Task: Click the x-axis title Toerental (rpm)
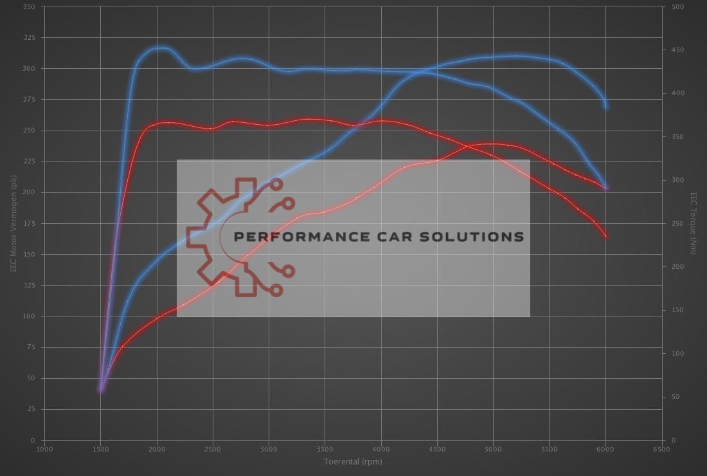click(353, 461)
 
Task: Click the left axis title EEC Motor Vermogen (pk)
click(13, 223)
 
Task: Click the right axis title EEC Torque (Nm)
click(694, 223)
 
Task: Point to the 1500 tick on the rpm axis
click(100, 449)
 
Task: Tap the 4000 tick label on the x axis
click(381, 449)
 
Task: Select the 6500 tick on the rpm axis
click(661, 449)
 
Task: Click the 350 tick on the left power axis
click(29, 6)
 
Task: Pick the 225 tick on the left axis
click(29, 161)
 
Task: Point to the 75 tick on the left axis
click(31, 347)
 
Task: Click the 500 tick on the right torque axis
click(677, 6)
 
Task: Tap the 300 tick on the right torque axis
click(677, 180)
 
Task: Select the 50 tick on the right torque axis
click(675, 397)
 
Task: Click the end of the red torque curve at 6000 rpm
click(605, 236)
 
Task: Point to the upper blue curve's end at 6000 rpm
click(606, 106)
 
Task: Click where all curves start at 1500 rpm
click(101, 389)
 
